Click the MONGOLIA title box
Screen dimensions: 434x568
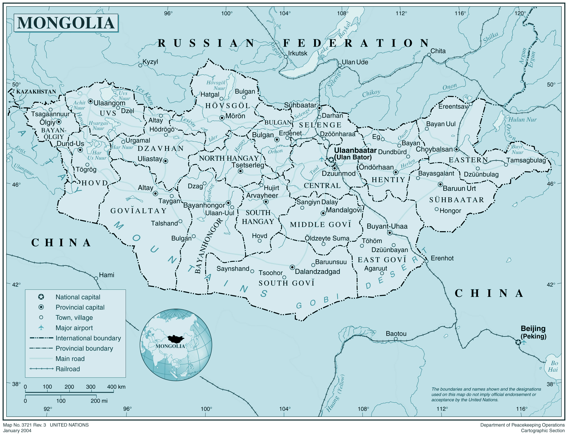click(66, 23)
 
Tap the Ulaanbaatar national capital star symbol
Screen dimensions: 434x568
click(331, 160)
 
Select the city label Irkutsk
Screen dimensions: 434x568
click(298, 53)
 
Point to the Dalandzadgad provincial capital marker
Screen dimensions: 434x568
click(292, 267)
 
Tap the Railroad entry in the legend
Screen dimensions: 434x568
click(68, 369)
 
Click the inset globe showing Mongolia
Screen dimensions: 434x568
click(176, 345)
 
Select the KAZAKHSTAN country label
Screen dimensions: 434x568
click(36, 92)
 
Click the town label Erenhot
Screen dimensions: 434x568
click(442, 258)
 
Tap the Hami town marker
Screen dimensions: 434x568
click(96, 278)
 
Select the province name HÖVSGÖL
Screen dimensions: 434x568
click(228, 106)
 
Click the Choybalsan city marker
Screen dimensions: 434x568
click(457, 149)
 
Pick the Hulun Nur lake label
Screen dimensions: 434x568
click(522, 120)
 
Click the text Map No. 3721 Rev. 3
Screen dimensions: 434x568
click(24, 425)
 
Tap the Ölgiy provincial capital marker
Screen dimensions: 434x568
click(59, 122)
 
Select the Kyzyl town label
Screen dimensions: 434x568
click(150, 62)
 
